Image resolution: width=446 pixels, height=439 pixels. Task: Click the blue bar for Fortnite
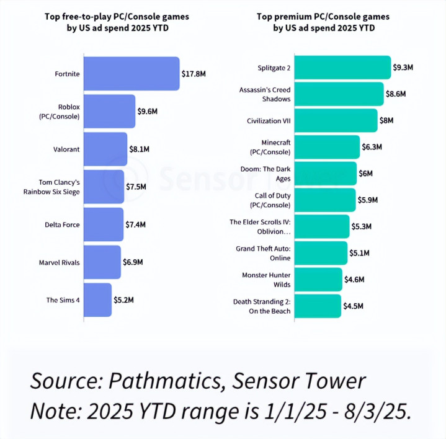click(131, 74)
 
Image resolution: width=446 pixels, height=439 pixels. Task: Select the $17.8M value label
click(194, 74)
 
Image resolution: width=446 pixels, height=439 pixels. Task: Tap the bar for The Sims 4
click(97, 300)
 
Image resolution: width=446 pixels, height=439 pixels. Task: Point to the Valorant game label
click(66, 149)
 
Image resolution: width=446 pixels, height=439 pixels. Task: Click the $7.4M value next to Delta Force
click(138, 224)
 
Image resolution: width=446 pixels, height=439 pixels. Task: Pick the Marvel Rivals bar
click(102, 262)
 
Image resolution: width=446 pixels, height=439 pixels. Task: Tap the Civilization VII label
click(269, 120)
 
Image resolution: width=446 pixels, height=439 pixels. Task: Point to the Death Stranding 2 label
click(261, 306)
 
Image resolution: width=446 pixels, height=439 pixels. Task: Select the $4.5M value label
click(354, 306)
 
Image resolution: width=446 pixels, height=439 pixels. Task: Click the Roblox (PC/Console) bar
click(109, 112)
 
